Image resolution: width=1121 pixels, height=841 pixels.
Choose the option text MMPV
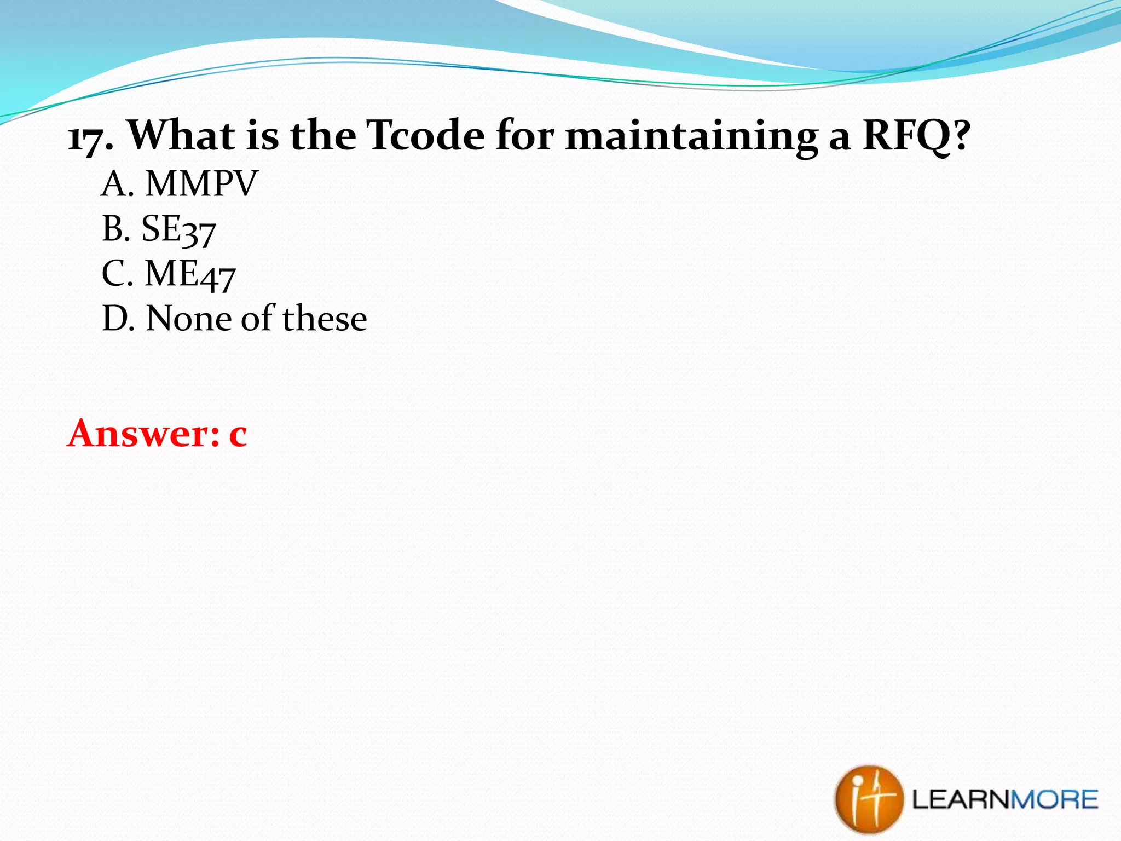(201, 183)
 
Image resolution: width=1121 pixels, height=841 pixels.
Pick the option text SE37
(178, 229)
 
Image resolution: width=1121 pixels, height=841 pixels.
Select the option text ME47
(190, 274)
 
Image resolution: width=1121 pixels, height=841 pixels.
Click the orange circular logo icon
(868, 799)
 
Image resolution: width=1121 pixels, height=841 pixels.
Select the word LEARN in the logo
(962, 800)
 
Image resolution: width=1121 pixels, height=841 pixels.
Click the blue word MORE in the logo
(1054, 800)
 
